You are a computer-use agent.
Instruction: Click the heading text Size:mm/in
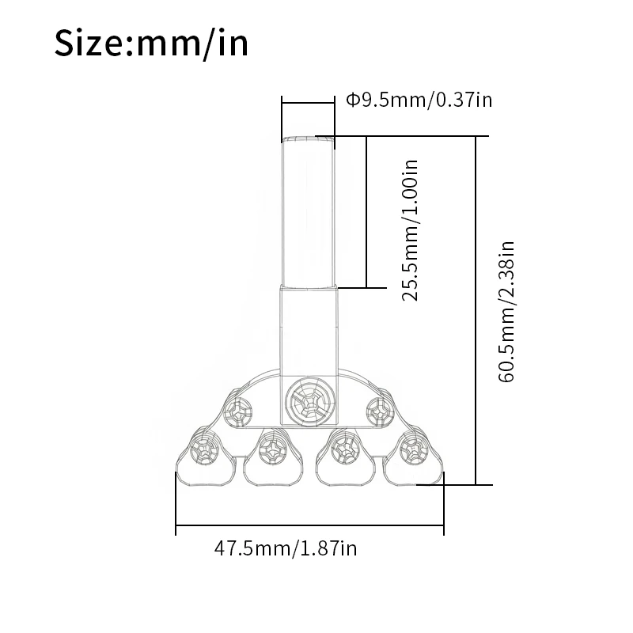coord(151,43)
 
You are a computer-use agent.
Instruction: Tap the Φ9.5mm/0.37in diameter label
coord(419,100)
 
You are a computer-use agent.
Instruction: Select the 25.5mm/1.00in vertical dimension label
coord(410,230)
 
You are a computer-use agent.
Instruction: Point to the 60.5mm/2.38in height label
coord(506,311)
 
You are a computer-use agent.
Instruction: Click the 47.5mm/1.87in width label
coord(286,548)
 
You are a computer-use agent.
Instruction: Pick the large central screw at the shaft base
coord(310,402)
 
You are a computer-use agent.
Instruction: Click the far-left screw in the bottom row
coord(205,449)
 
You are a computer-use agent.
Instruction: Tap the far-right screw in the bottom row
coord(414,449)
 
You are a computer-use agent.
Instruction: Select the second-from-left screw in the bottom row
coord(273,449)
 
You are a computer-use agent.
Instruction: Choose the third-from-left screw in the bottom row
coord(346,449)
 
